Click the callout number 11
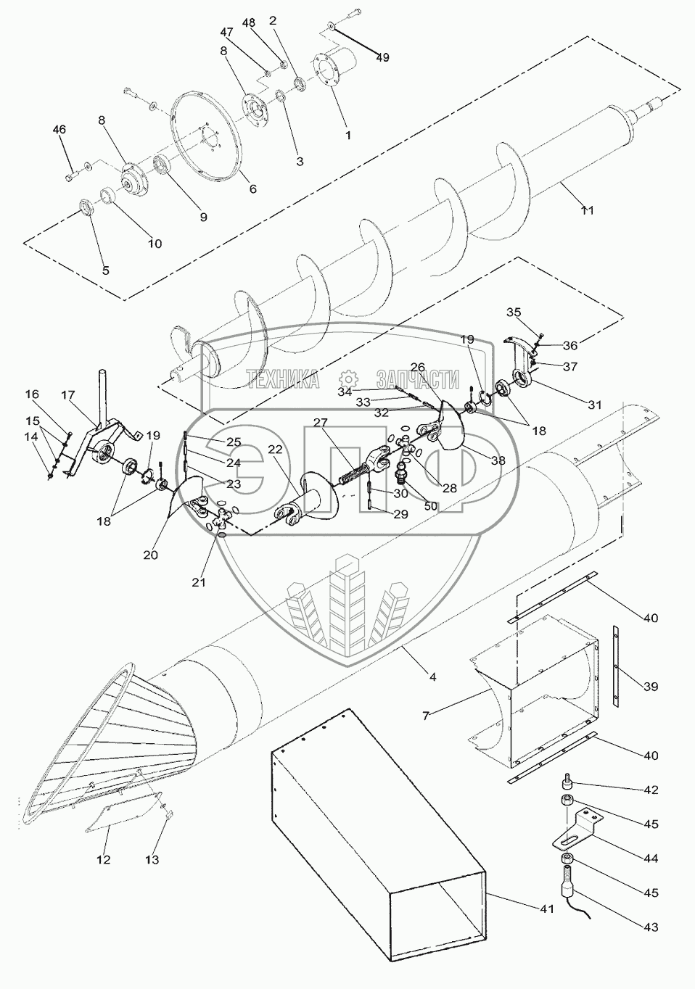click(x=587, y=210)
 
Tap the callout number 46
click(x=59, y=130)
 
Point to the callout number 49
click(x=382, y=57)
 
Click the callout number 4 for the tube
click(x=432, y=677)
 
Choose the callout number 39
click(x=650, y=684)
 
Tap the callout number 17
click(x=68, y=395)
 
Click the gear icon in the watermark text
click(x=348, y=379)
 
